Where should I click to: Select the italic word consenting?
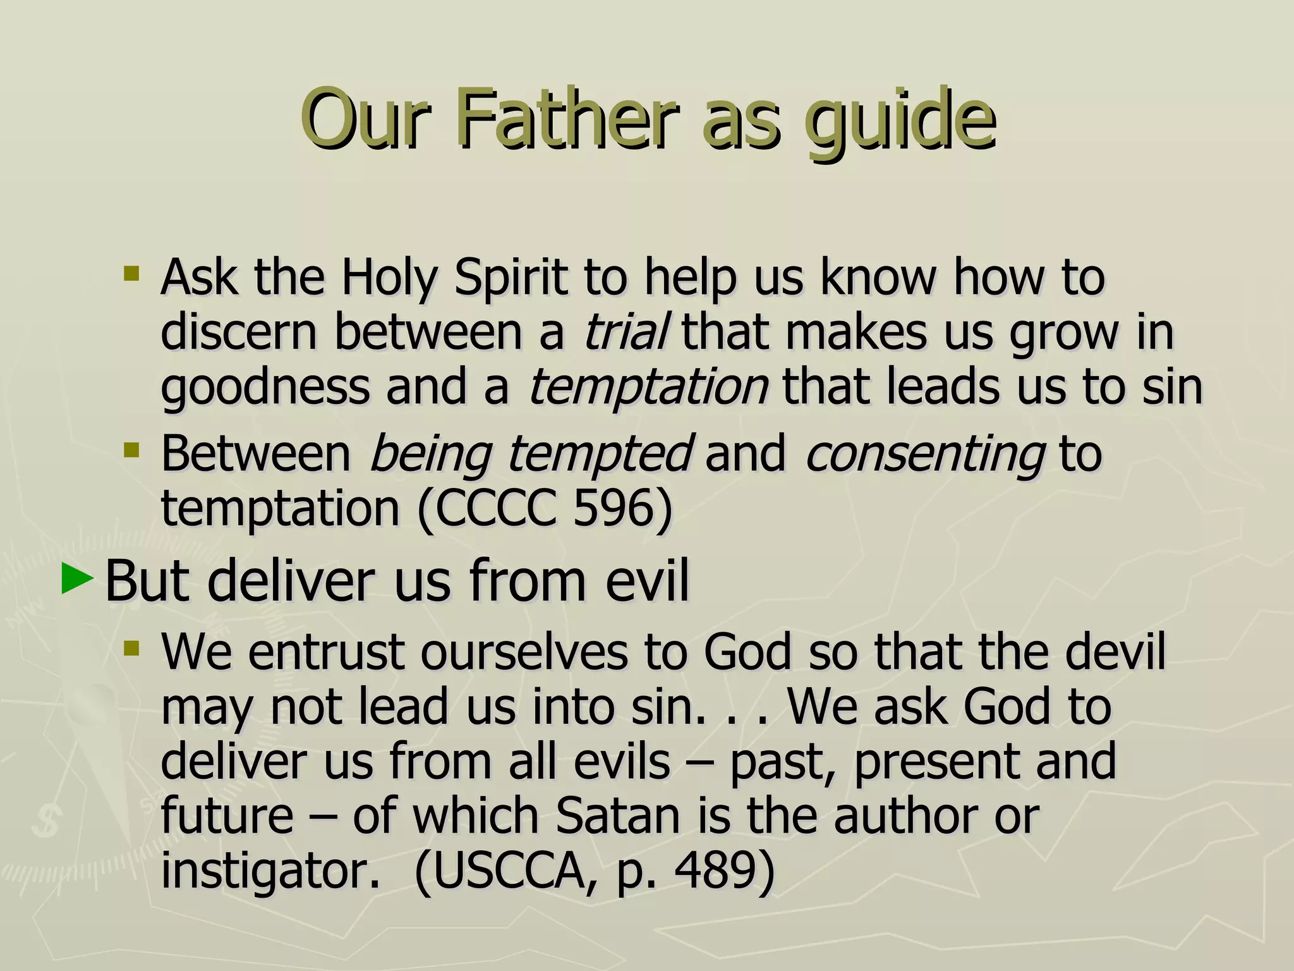(924, 454)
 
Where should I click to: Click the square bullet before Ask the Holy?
(131, 274)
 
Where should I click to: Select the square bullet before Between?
(131, 451)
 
